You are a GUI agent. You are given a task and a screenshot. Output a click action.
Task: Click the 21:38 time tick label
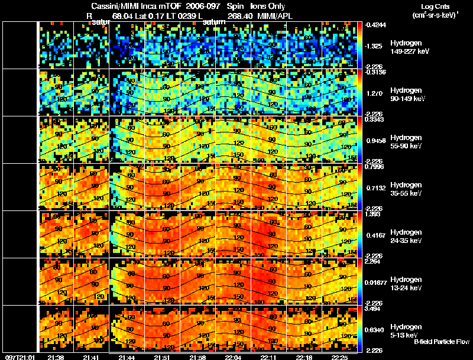(56, 357)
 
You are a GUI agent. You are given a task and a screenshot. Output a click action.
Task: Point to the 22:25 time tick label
(340, 357)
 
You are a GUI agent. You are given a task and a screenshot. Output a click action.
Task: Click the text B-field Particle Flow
(442, 342)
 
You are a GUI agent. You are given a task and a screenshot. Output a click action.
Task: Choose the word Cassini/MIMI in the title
(116, 5)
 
